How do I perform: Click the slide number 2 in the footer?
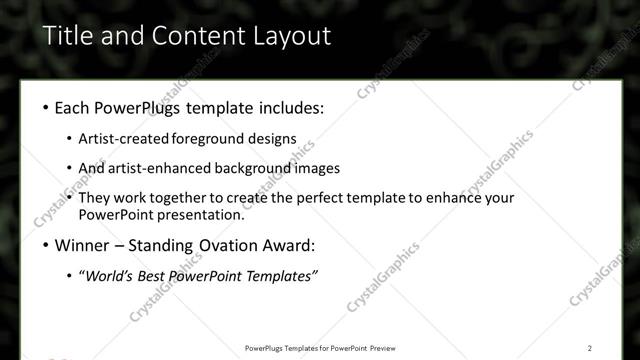pyautogui.click(x=590, y=348)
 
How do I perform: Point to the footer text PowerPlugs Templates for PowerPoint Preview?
pyautogui.click(x=319, y=348)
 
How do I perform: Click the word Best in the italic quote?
pyautogui.click(x=159, y=276)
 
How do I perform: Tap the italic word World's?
pyautogui.click(x=113, y=276)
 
